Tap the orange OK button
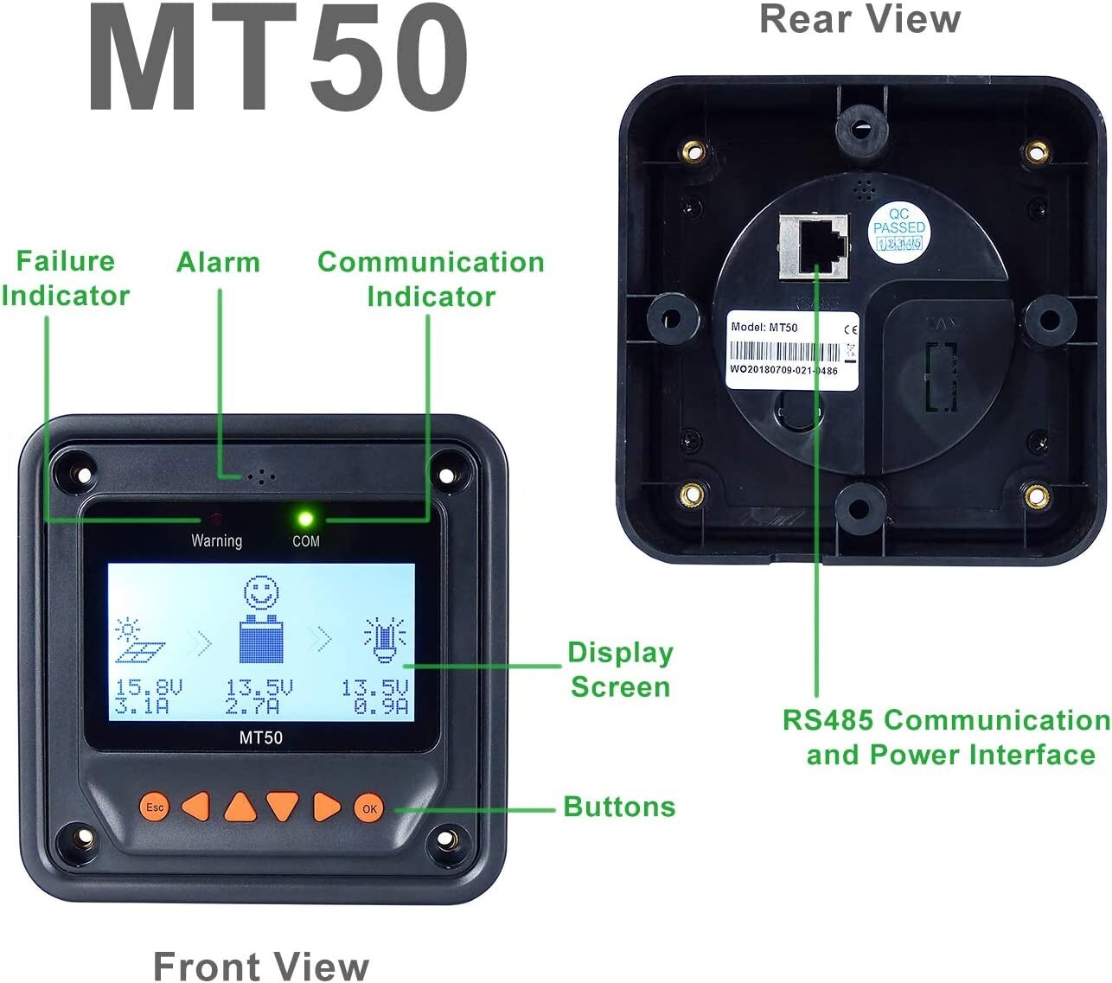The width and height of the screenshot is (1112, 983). pyautogui.click(x=369, y=808)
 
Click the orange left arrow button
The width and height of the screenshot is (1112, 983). pyautogui.click(x=197, y=806)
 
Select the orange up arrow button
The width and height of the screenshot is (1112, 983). pyautogui.click(x=240, y=807)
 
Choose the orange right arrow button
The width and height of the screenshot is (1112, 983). pyautogui.click(x=326, y=806)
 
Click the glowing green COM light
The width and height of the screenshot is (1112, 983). pyautogui.click(x=304, y=520)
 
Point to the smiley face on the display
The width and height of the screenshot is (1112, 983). pyautogui.click(x=261, y=594)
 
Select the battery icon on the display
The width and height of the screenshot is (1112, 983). pyautogui.click(x=261, y=640)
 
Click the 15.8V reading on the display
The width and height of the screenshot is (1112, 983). pyautogui.click(x=149, y=688)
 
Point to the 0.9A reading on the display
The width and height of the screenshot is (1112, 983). pyautogui.click(x=381, y=707)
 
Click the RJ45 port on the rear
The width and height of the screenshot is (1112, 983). pyautogui.click(x=814, y=246)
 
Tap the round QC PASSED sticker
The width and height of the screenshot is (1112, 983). pyautogui.click(x=898, y=229)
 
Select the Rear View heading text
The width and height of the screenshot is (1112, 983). pyautogui.click(x=860, y=19)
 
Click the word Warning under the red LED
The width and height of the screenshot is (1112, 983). pyautogui.click(x=216, y=541)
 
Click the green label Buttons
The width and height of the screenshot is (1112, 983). pyautogui.click(x=619, y=807)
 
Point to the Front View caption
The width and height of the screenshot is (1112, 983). pyautogui.click(x=260, y=966)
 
